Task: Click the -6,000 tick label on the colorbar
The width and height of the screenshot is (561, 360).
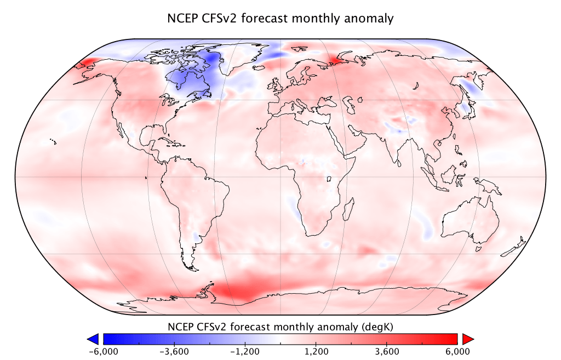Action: [x=103, y=351]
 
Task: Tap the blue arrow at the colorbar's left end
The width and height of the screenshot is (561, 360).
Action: [x=93, y=339]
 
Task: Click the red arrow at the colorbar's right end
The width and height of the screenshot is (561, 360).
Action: [x=467, y=339]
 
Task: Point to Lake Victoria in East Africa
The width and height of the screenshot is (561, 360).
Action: [x=329, y=179]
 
